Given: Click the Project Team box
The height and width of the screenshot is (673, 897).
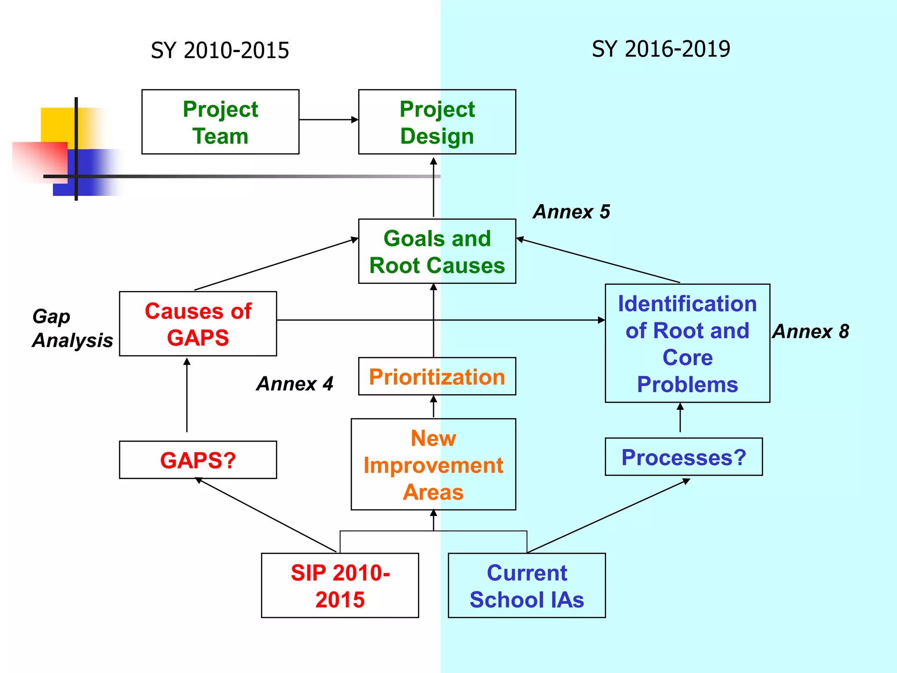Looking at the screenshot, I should [220, 122].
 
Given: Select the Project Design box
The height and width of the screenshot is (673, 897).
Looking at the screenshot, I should [437, 122].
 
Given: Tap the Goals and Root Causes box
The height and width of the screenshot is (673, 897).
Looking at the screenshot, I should [437, 251].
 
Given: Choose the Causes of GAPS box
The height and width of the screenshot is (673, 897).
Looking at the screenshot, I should [198, 324].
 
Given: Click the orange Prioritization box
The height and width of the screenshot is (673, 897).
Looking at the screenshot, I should [437, 376].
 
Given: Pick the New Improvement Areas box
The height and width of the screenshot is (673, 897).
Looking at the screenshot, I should [433, 464].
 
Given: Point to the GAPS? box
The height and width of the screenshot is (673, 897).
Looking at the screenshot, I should [198, 460].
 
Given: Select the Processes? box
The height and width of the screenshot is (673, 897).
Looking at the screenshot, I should [683, 457].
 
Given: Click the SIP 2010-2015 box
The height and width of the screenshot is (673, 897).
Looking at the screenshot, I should [340, 585].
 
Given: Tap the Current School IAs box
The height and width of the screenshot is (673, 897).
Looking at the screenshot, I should [526, 585].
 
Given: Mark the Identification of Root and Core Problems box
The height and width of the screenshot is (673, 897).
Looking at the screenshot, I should [687, 343].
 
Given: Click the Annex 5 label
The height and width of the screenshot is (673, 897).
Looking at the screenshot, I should [571, 212].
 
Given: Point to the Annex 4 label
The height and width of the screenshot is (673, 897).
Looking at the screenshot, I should [295, 384].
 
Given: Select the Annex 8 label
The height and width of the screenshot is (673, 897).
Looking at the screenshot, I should [811, 331].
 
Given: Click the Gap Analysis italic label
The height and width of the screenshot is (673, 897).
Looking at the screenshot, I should [72, 328].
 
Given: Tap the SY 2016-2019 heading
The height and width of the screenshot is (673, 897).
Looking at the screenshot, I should [660, 49].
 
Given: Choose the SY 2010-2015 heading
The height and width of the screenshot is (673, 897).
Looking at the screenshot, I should [220, 50].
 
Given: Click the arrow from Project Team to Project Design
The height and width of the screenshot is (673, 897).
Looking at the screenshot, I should [328, 119].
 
